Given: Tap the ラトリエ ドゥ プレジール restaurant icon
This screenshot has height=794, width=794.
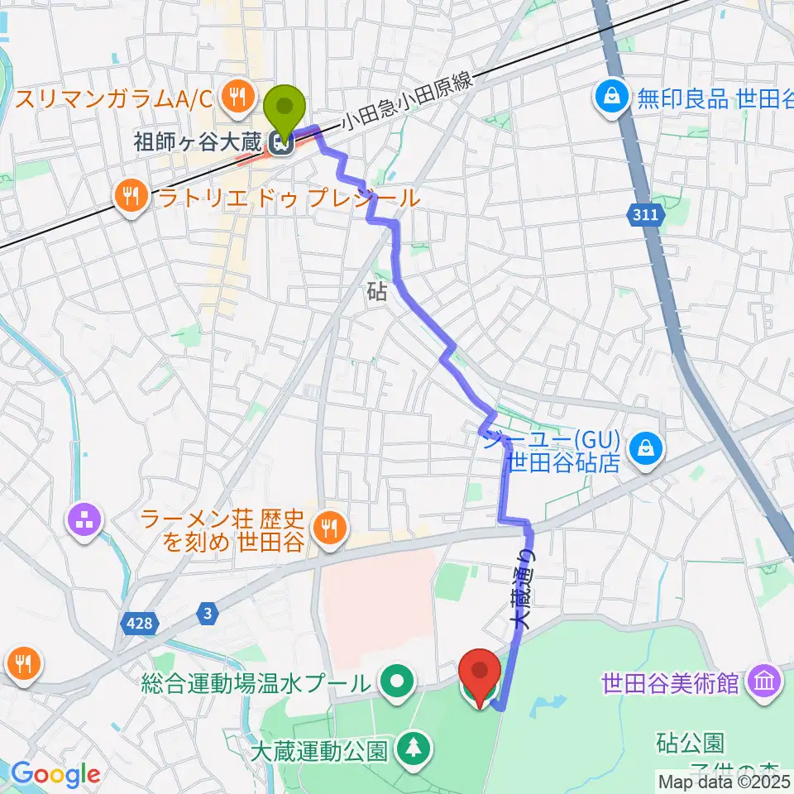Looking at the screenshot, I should point(132,196).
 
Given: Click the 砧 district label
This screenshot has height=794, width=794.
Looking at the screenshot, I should point(375,290).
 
